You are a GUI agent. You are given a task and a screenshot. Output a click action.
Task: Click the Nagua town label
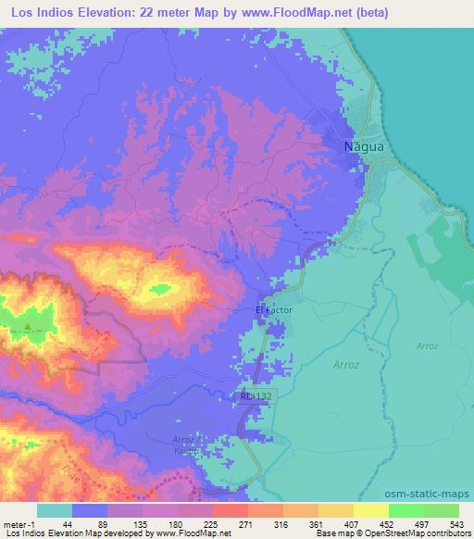coord(357,146)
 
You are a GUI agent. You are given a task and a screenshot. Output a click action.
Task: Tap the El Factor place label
coord(273,311)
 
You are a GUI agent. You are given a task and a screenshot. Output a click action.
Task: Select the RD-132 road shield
coord(256,395)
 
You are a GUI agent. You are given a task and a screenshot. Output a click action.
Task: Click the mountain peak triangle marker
coord(28,326)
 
